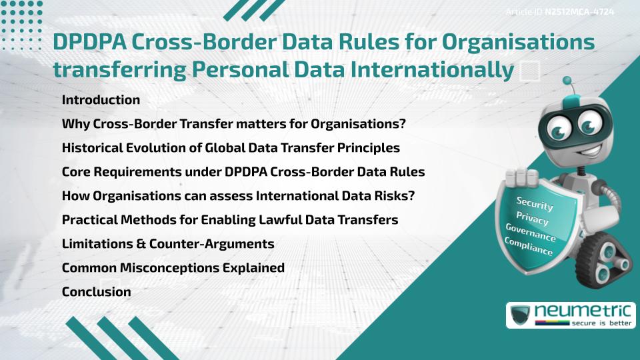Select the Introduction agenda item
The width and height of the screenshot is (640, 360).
(x=101, y=100)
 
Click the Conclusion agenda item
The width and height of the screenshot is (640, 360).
(x=96, y=291)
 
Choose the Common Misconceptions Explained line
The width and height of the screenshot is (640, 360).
(x=173, y=267)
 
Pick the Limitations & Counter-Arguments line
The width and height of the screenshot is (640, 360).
(x=168, y=243)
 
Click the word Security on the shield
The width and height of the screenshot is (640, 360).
(x=534, y=205)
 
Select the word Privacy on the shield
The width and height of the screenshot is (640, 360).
(x=531, y=219)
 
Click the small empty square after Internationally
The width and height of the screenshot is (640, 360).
(x=529, y=71)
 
